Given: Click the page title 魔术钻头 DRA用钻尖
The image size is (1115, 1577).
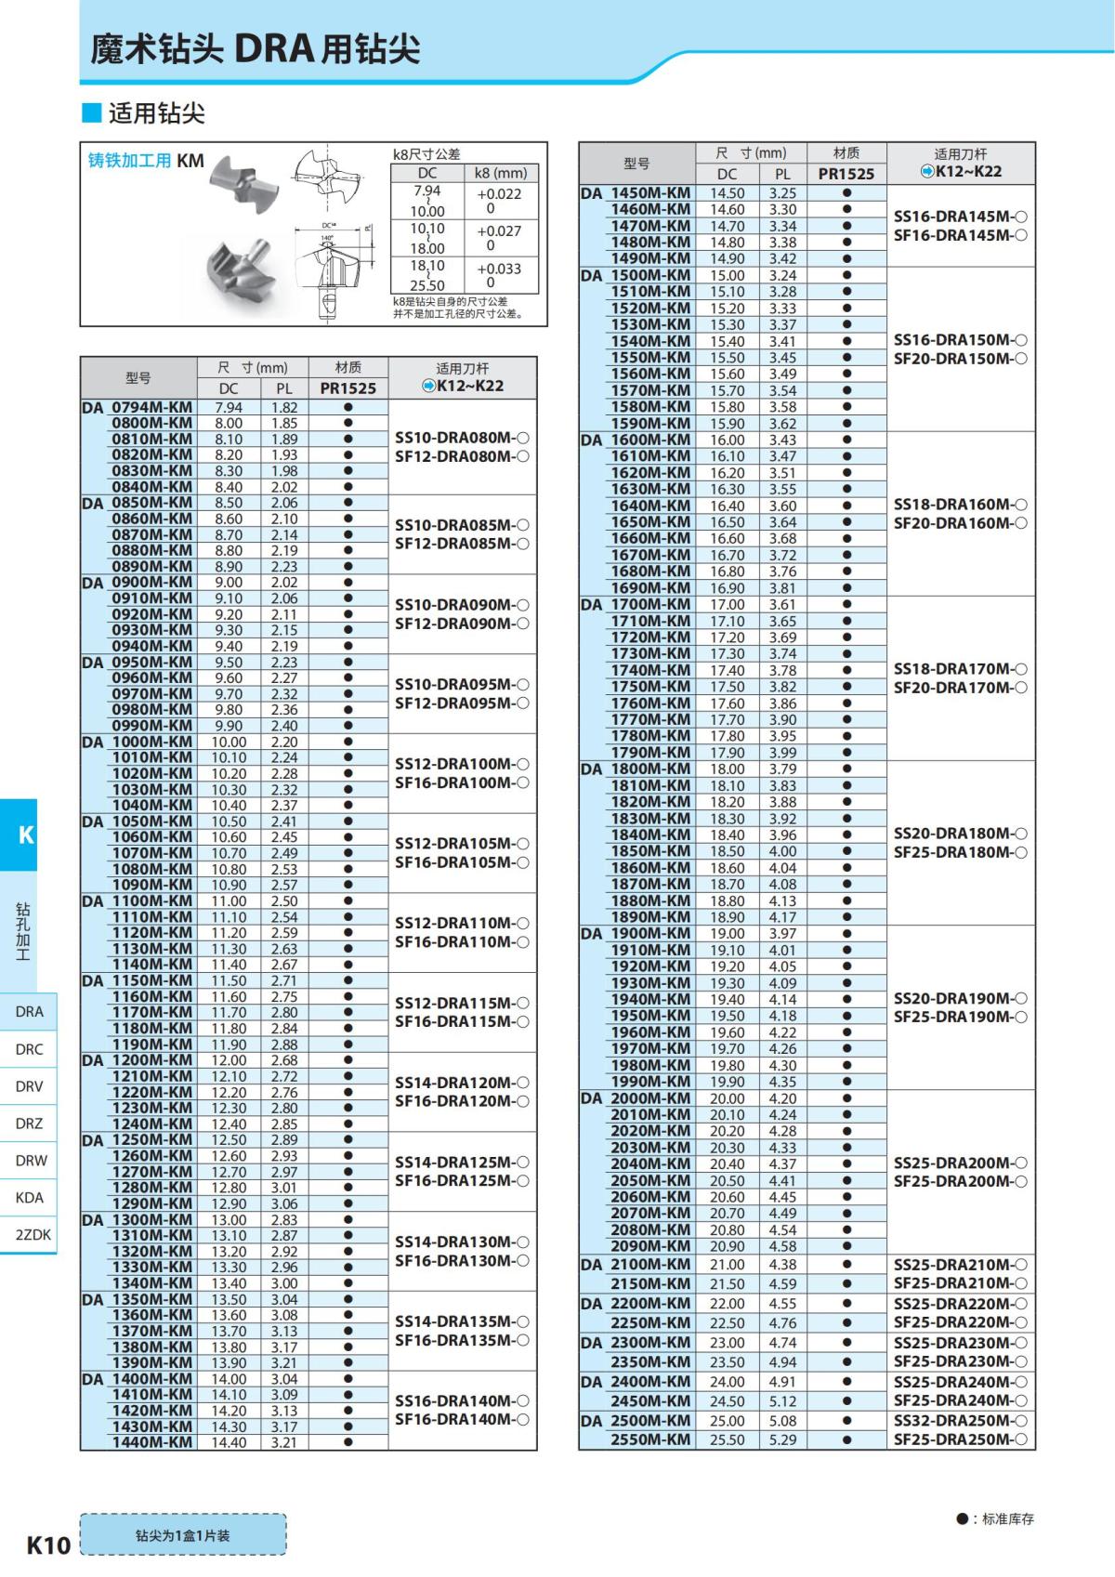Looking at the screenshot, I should point(255,49).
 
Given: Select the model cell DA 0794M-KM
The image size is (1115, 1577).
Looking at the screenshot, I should point(138,407).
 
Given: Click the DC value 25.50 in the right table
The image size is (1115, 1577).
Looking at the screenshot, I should point(727,1439).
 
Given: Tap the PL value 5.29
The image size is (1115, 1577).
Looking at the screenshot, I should point(782,1439).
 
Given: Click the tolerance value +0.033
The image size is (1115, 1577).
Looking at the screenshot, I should point(500,269).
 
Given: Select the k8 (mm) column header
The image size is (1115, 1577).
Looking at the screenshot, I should point(500,173).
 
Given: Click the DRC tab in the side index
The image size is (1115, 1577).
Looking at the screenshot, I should point(29,1049).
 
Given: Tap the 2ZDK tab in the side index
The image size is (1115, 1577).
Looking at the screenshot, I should point(33,1234).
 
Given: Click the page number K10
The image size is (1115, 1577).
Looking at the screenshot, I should point(48,1544).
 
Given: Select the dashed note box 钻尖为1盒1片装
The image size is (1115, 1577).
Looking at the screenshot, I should point(183,1535).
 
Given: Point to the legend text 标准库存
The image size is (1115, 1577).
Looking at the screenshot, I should point(1007,1518).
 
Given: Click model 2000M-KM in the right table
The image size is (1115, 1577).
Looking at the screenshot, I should point(649,1097).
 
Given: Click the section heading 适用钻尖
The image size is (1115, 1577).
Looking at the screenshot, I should point(156,113).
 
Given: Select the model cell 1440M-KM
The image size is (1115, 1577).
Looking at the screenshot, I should point(151,1442).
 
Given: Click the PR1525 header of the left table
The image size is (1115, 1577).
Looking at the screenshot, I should point(348,388).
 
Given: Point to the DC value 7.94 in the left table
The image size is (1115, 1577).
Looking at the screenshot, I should point(228,407).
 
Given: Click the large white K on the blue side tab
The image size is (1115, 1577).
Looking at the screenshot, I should point(26,834).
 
